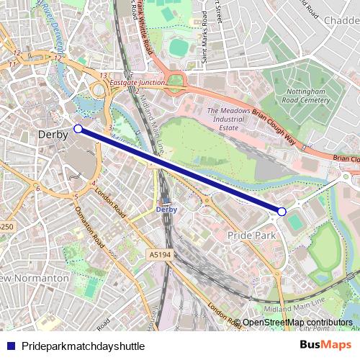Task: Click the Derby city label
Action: pos(53,135)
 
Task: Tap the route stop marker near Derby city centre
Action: pos(78,130)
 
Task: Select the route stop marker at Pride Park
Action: pos(282,211)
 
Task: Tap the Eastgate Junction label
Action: pos(137,83)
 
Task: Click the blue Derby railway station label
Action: pos(166,209)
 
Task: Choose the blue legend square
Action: pos(10,346)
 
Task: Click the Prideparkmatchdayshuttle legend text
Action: pos(83,346)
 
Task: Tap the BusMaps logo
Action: pos(325,345)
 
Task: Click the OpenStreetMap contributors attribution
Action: pos(297,323)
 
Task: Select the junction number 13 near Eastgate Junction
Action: pos(104,76)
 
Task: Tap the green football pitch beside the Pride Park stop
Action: pos(296,222)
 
